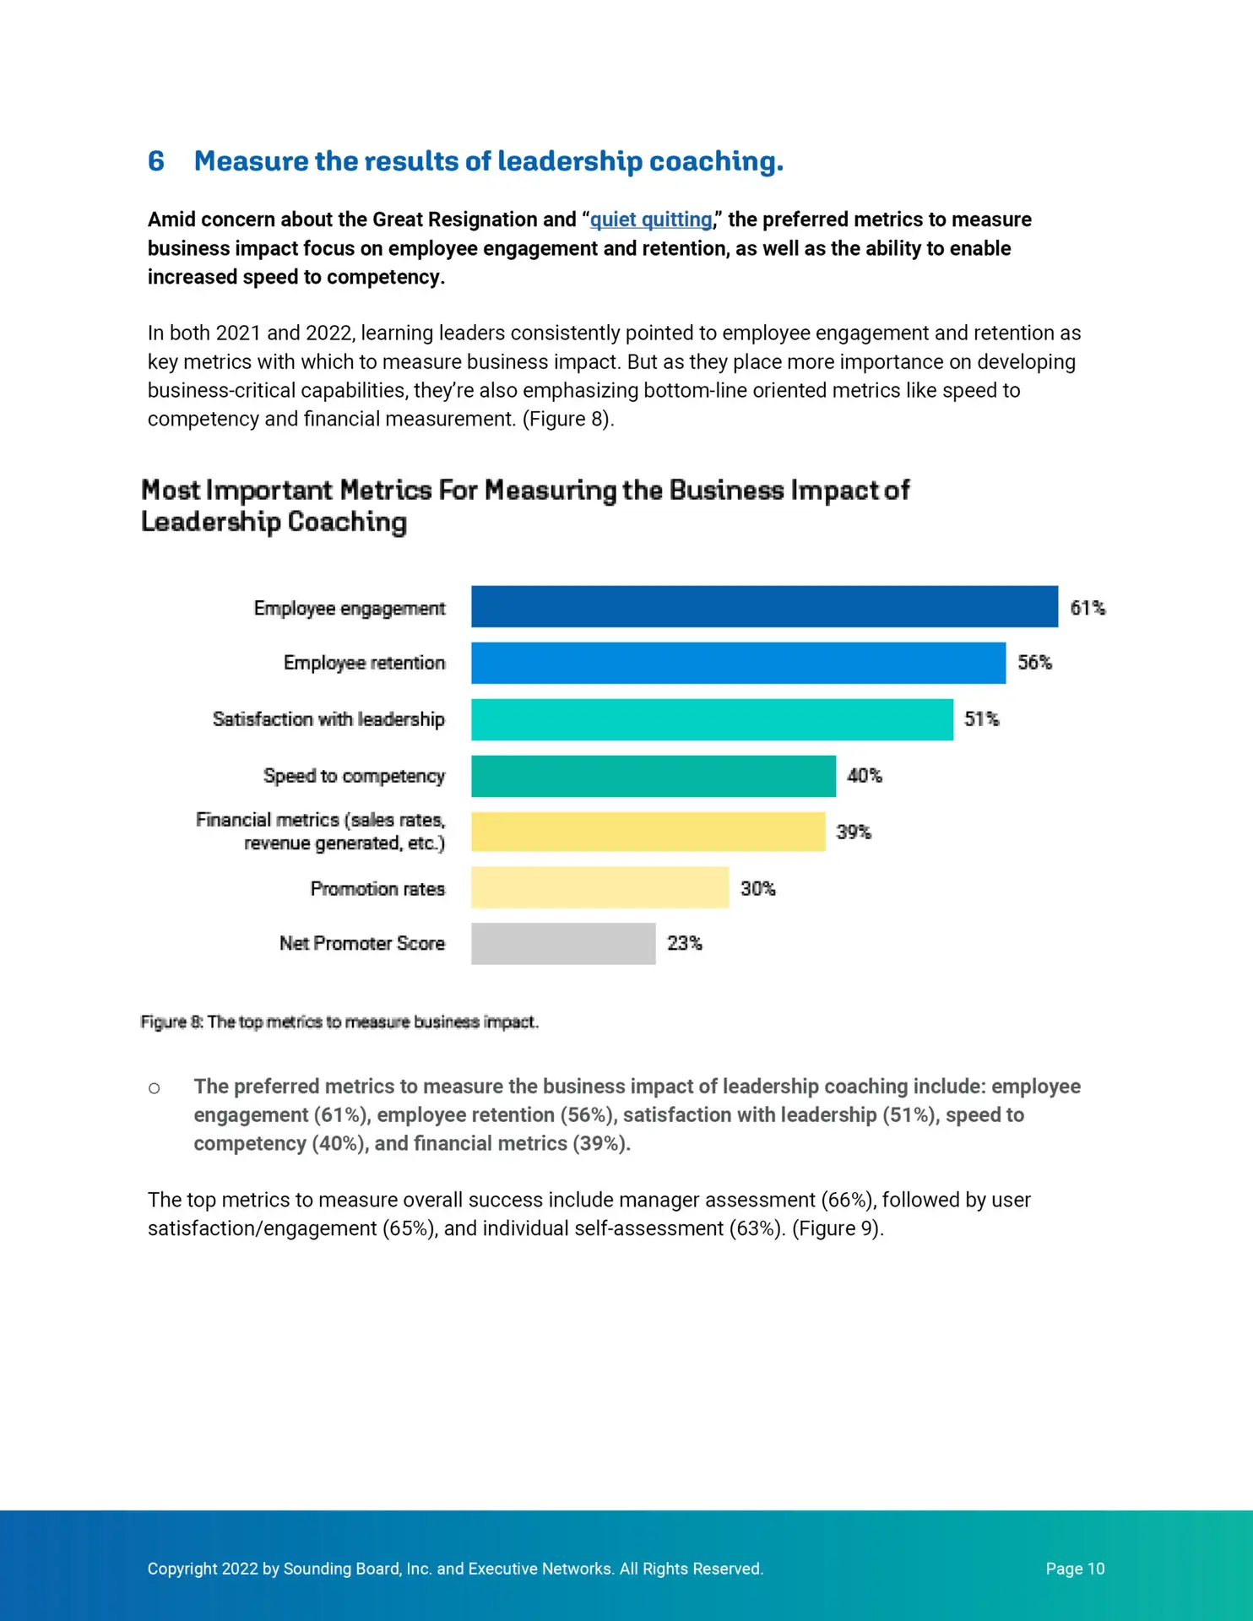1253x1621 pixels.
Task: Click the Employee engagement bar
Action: coord(764,606)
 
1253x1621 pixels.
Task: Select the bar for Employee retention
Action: coord(738,663)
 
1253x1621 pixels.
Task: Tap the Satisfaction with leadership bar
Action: coord(712,719)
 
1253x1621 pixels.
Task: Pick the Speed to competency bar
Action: coord(654,776)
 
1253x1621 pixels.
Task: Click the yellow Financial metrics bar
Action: coord(648,832)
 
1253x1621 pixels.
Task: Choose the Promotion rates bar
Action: coord(599,887)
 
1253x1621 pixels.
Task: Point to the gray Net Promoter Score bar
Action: coord(563,943)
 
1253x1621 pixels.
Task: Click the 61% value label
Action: coord(1088,608)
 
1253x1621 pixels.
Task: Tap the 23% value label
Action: coord(684,943)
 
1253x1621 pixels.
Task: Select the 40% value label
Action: coord(865,776)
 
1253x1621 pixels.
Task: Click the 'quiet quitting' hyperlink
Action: coord(651,220)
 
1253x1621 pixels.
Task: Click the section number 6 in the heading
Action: coord(156,161)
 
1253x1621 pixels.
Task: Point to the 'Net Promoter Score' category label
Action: coord(362,943)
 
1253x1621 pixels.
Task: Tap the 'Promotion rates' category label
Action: coord(377,889)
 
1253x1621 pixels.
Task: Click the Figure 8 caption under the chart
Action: coord(339,1022)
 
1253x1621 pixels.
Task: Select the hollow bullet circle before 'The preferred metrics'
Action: coord(154,1088)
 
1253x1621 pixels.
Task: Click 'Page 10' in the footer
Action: coord(1075,1569)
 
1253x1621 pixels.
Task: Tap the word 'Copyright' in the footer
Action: coord(182,1569)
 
